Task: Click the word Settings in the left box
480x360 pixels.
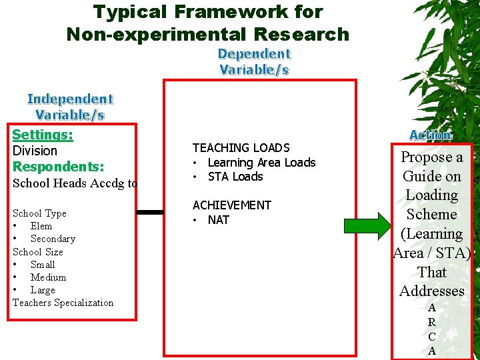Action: (x=43, y=135)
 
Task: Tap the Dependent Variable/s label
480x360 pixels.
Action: (x=254, y=61)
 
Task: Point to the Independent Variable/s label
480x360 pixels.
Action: (x=70, y=107)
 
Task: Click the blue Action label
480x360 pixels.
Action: (x=430, y=135)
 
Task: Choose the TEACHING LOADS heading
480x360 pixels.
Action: (x=241, y=148)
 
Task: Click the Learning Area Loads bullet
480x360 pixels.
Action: (x=261, y=163)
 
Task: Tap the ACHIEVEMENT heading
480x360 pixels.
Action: (x=231, y=205)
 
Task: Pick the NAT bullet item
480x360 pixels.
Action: (x=218, y=220)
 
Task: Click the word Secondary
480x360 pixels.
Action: (x=53, y=239)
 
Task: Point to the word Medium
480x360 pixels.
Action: (x=48, y=277)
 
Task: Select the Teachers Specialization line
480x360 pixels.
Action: (x=63, y=303)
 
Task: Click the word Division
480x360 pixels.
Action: (x=35, y=151)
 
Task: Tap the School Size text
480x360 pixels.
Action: (x=37, y=252)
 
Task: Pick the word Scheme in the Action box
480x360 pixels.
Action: (x=432, y=215)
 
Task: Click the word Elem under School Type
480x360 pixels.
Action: (x=41, y=226)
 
